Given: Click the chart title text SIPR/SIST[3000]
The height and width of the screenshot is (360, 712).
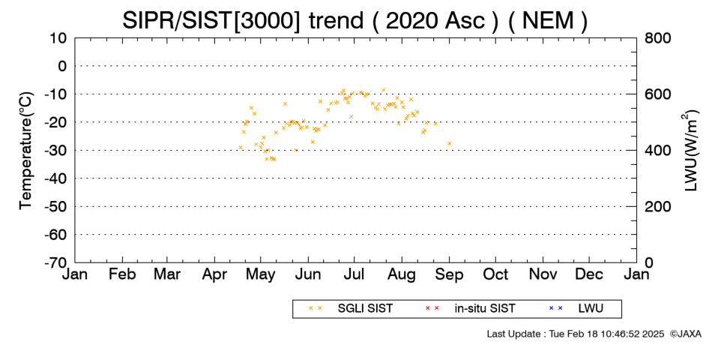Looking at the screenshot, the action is (211, 20).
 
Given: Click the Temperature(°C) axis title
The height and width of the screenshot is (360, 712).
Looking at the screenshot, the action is (26, 151).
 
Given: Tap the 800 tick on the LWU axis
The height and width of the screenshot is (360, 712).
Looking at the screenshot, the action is (657, 38).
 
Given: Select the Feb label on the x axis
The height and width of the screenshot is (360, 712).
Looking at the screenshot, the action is (122, 274).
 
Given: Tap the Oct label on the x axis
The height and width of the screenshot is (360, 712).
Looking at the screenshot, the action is (495, 274).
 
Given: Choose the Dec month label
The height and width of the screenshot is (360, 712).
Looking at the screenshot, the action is (589, 274).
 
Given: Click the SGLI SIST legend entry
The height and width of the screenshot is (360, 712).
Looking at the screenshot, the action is (365, 309).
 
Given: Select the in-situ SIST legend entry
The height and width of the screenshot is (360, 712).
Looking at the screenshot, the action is (484, 309).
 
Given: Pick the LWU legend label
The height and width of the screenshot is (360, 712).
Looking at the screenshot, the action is (591, 309).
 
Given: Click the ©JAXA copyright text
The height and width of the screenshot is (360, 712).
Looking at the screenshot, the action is (685, 334).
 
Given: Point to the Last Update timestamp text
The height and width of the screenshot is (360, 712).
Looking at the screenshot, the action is (576, 334).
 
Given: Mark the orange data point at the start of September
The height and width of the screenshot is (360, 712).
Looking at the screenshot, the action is (450, 144).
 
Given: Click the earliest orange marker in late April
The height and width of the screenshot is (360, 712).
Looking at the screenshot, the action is (241, 147).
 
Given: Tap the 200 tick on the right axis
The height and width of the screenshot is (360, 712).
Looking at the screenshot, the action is (657, 207).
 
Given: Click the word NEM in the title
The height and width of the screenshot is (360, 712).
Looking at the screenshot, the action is (548, 20).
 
